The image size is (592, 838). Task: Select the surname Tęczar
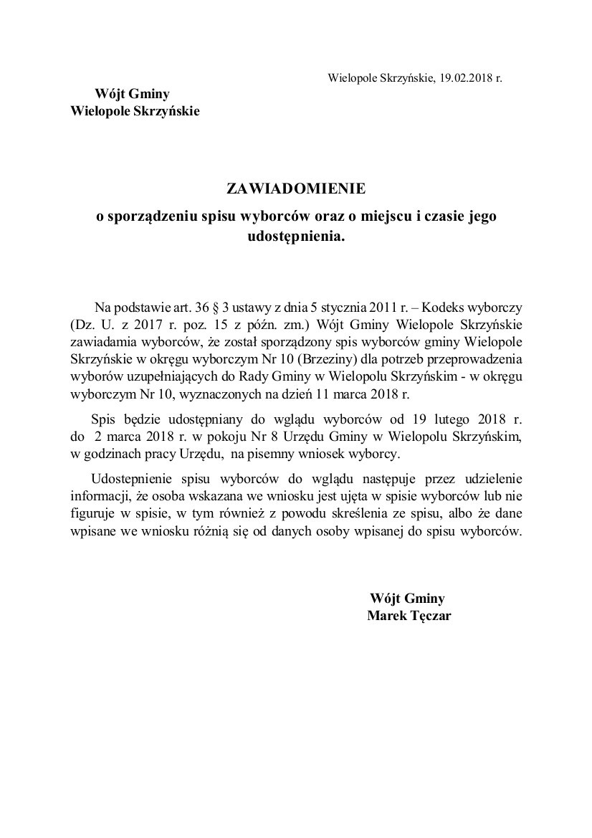click(429, 616)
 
